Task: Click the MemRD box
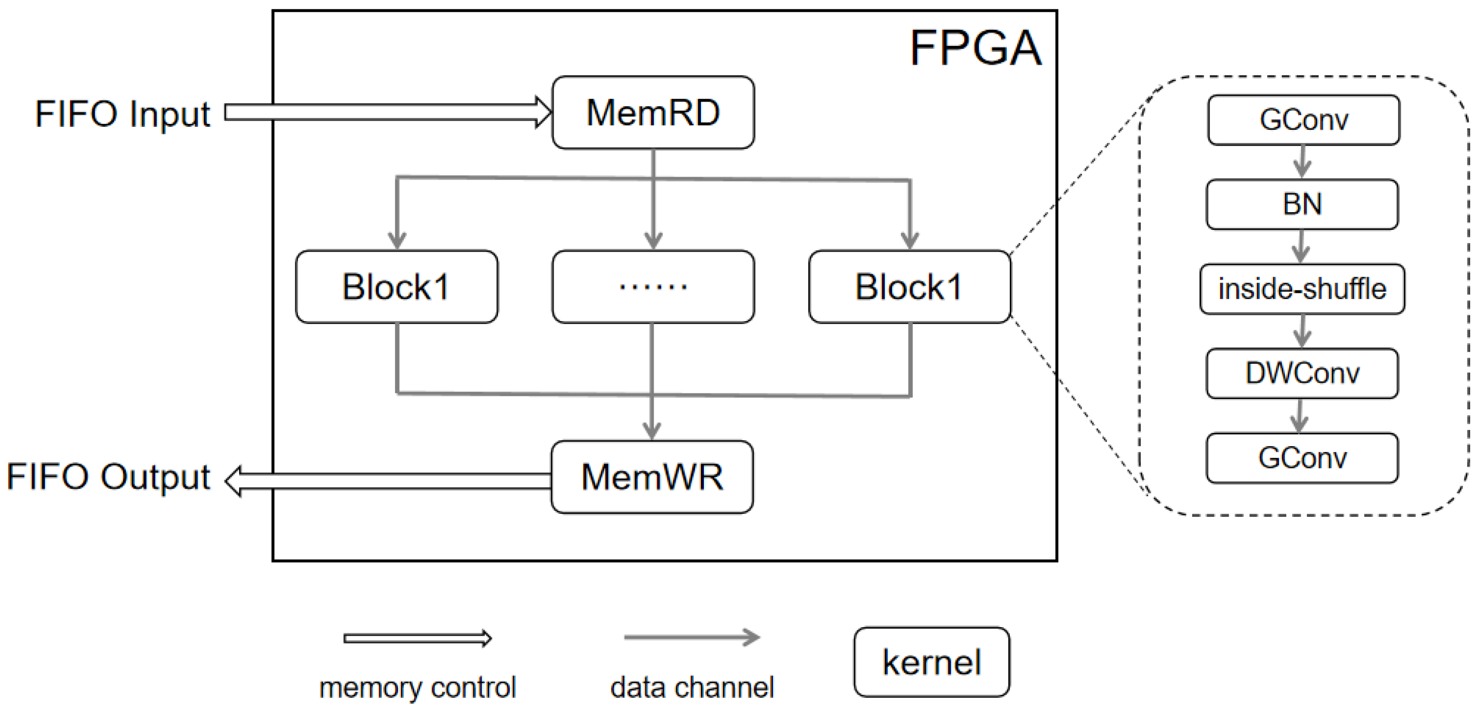coord(653,113)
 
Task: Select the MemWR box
coord(652,477)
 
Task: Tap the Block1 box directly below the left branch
coord(397,286)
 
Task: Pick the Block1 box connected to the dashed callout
coord(909,286)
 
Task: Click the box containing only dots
coord(653,286)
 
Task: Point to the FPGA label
coord(976,48)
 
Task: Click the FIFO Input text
coord(123,114)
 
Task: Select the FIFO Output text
coord(108,477)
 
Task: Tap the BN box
coord(1302,204)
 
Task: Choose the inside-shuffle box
coord(1302,289)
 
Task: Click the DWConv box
coord(1302,373)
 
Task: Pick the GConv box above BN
coord(1303,120)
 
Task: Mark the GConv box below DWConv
coord(1302,458)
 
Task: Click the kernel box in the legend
coord(931,662)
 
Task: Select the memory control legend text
coord(418,687)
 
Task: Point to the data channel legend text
coord(692,687)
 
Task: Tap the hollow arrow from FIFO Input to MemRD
coord(387,112)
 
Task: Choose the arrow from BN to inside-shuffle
coord(1301,246)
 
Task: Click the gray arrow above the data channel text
coord(692,637)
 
